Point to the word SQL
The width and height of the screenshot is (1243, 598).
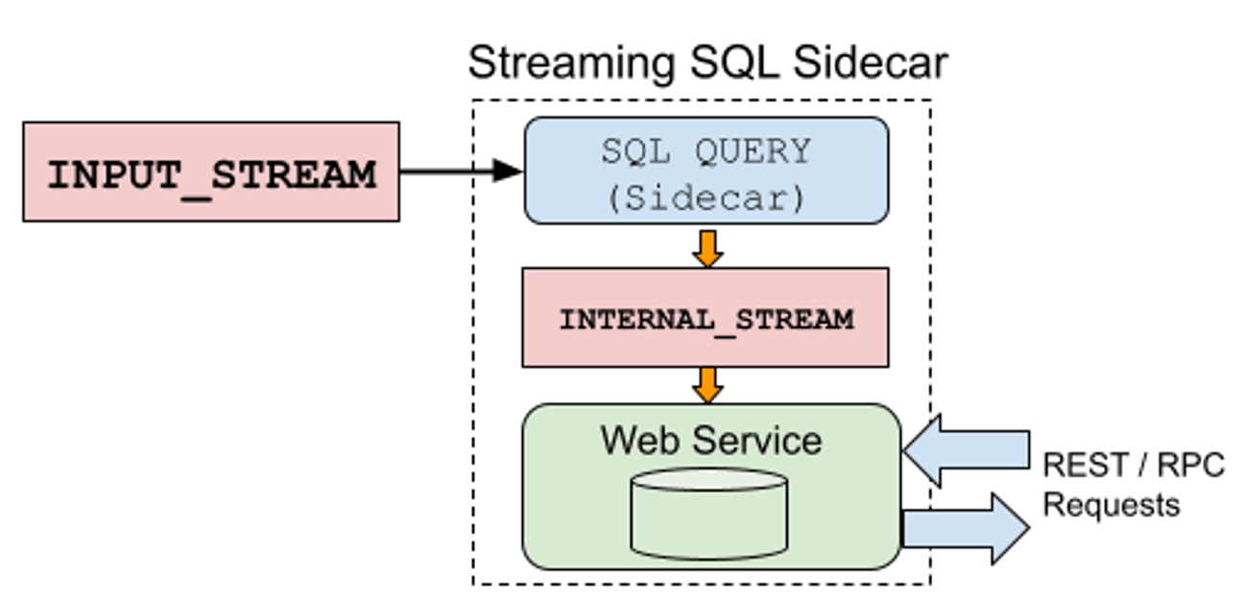coord(633,152)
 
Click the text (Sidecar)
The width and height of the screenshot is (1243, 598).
coord(705,197)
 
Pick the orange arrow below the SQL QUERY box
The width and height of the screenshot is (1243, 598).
coord(707,248)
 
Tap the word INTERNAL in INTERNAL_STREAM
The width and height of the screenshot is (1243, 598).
coord(634,319)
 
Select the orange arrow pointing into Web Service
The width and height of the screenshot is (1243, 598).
coord(707,384)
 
